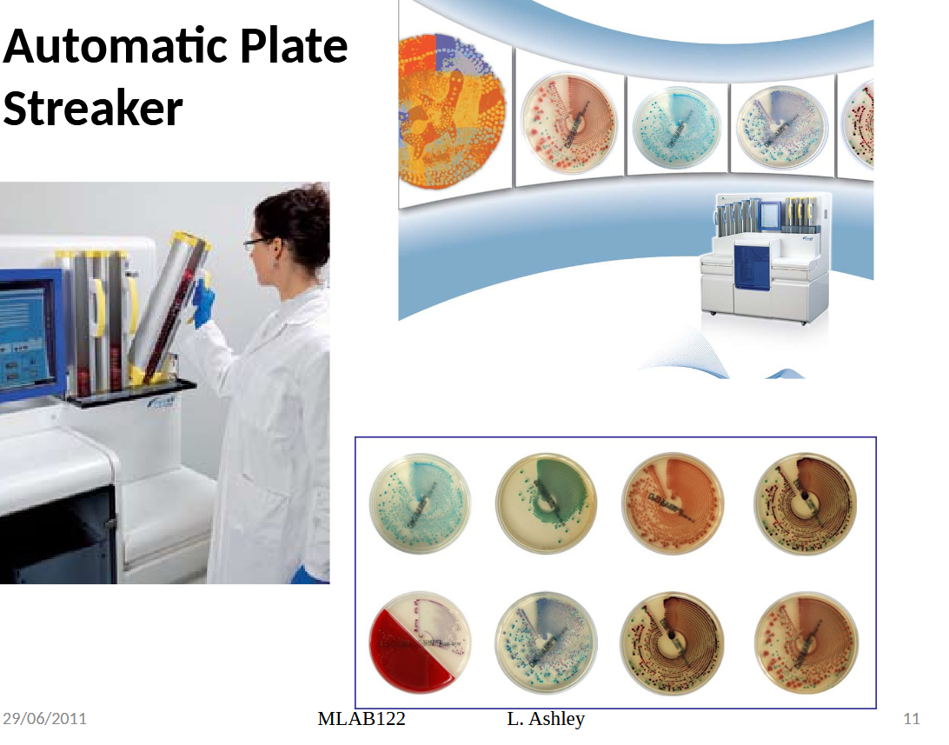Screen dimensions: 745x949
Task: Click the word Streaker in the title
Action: pyautogui.click(x=93, y=110)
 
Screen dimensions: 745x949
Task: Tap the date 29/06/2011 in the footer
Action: pyautogui.click(x=44, y=719)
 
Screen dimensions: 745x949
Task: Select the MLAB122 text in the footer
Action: pyautogui.click(x=362, y=719)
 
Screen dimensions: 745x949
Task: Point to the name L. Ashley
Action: pyautogui.click(x=546, y=719)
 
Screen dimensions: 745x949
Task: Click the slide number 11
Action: pyautogui.click(x=912, y=719)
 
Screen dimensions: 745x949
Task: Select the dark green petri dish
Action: pyautogui.click(x=546, y=502)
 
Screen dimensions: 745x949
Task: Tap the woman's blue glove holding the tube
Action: pyautogui.click(x=203, y=300)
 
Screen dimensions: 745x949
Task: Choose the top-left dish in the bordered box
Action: pyautogui.click(x=421, y=502)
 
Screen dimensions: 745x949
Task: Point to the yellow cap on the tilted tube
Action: pyautogui.click(x=193, y=240)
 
